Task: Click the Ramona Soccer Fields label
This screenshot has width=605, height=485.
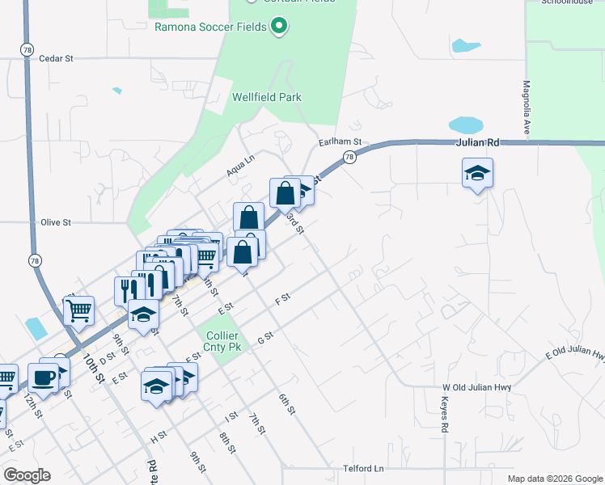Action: tap(210, 27)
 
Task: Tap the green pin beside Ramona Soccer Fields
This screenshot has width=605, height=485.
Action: tap(280, 27)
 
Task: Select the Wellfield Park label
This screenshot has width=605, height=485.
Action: tap(267, 98)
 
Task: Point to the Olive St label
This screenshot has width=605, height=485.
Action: tap(56, 222)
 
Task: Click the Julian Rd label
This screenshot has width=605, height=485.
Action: tap(477, 143)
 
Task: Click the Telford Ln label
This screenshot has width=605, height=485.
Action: tap(363, 469)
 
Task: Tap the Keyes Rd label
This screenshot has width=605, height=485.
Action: tap(445, 415)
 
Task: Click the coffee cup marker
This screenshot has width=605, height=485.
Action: tap(42, 376)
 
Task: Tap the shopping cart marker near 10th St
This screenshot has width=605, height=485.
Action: tap(78, 309)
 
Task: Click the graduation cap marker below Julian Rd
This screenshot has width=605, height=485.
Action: tap(477, 172)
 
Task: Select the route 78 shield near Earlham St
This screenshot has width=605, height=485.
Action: tap(349, 158)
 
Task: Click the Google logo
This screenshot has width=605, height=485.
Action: tap(27, 475)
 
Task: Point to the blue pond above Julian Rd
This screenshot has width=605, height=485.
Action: tap(465, 125)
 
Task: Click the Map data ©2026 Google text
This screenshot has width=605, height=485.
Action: tap(555, 479)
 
